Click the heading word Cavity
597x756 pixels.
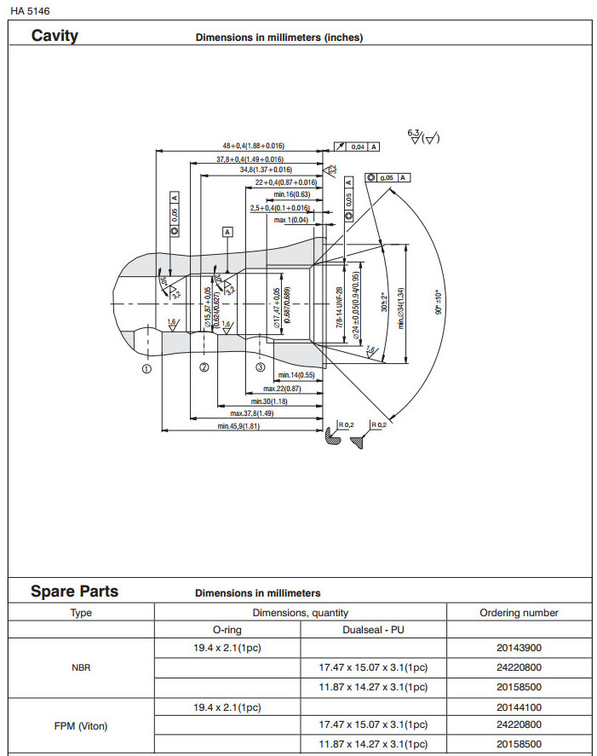[x=55, y=36]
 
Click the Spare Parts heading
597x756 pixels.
[x=75, y=592]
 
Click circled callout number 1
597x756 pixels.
[x=146, y=369]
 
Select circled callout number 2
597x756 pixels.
[x=204, y=368]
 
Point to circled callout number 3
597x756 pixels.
[x=261, y=367]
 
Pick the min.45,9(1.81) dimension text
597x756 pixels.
[x=238, y=425]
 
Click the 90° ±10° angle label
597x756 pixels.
[x=438, y=303]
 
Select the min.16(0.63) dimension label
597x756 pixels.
[x=291, y=194]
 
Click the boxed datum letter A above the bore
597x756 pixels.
[x=227, y=232]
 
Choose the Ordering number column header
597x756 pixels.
[x=519, y=613]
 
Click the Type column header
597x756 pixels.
[x=81, y=613]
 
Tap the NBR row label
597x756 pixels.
[x=81, y=667]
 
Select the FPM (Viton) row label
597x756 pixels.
[x=81, y=726]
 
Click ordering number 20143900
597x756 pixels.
[x=519, y=648]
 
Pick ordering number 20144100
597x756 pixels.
[x=519, y=707]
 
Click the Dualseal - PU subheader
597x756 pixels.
[x=373, y=630]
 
